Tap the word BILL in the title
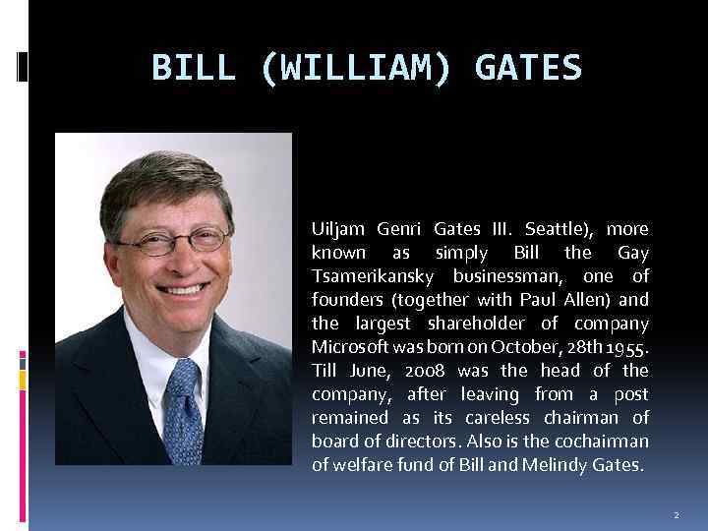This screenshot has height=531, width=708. (x=194, y=69)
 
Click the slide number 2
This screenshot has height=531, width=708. (x=676, y=514)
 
